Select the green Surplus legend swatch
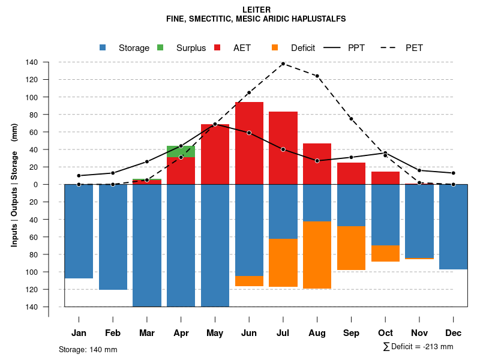[160, 47]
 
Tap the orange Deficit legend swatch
[275, 47]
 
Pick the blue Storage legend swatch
[103, 47]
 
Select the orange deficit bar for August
[317, 255]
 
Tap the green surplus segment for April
[181, 151]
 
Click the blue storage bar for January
[79, 231]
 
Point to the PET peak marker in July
[283, 64]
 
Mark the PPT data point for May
[215, 124]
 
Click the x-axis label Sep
[351, 333]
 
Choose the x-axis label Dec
[454, 333]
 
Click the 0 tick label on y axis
[35, 184]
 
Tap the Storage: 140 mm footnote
[88, 349]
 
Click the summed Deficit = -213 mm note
[418, 347]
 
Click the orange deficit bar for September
[351, 248]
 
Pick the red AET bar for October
[385, 178]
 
